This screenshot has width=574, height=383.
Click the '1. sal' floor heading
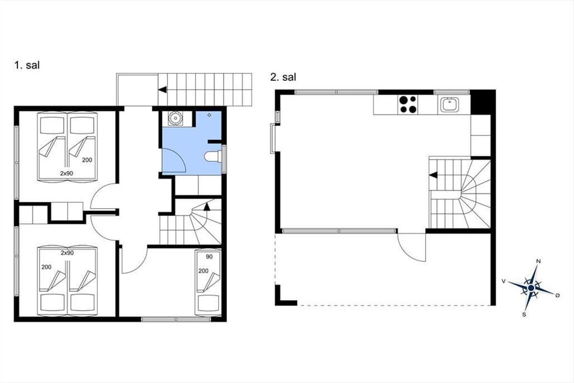click(x=27, y=65)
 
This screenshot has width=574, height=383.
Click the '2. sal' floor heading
click(x=283, y=77)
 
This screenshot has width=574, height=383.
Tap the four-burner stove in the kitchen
click(x=408, y=104)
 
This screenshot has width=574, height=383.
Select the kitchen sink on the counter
click(x=450, y=105)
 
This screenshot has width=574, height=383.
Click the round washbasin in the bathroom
click(x=176, y=118)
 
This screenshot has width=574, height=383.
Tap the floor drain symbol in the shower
click(x=210, y=115)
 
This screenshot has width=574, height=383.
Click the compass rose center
click(x=530, y=288)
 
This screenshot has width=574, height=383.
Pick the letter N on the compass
click(x=539, y=261)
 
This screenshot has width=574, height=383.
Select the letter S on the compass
click(x=524, y=315)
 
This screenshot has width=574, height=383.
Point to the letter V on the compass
click(x=504, y=282)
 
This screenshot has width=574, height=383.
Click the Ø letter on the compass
click(x=557, y=295)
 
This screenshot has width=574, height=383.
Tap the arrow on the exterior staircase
click(x=163, y=90)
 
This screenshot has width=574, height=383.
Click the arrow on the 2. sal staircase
click(x=433, y=175)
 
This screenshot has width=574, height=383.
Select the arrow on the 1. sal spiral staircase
click(x=207, y=206)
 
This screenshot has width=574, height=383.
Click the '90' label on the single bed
click(x=209, y=257)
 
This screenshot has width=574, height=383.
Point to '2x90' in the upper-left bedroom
click(x=66, y=173)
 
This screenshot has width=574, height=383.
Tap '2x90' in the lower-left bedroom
click(x=67, y=253)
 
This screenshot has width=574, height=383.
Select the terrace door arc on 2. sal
click(x=406, y=253)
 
